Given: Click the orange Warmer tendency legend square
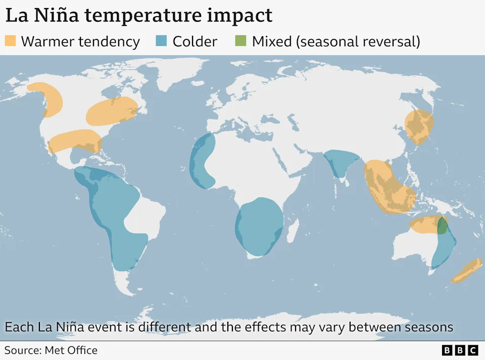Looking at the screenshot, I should point(10,41).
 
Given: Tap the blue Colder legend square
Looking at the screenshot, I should point(162,41).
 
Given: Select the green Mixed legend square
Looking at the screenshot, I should point(240,41).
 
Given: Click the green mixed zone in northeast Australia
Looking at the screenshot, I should point(442,226).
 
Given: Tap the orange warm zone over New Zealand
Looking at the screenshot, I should point(467,271).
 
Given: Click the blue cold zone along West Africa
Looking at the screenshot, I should point(201,162).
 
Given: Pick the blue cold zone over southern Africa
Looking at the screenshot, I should point(259,226).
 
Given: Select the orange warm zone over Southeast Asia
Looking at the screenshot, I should point(388,187).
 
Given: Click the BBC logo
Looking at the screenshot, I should point(460,350).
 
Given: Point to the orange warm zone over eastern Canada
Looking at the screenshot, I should point(112,112).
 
